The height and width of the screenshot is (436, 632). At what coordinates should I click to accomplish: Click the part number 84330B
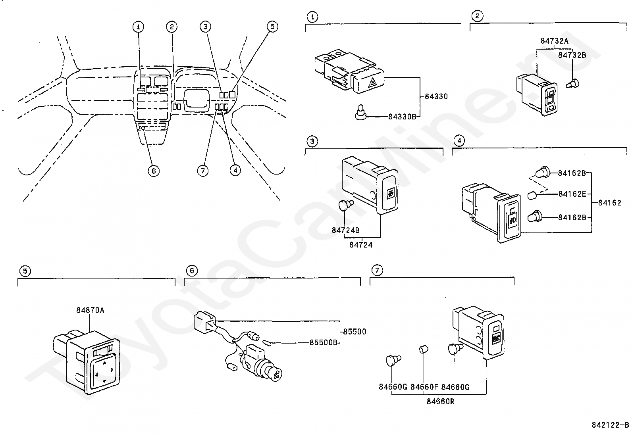402,117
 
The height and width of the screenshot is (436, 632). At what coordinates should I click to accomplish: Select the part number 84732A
554,41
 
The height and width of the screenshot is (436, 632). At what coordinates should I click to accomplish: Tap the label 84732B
572,55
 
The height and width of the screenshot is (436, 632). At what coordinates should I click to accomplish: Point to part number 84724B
345,230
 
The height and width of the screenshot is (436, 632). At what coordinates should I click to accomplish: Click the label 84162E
572,194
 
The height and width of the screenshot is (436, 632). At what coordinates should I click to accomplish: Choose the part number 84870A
90,310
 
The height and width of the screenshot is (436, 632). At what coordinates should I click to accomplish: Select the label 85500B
323,342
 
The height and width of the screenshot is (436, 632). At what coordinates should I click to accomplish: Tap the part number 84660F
424,387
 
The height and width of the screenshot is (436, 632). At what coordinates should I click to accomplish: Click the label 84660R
440,401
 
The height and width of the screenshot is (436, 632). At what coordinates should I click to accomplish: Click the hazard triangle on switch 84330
373,83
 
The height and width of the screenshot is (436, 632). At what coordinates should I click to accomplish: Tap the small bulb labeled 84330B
360,112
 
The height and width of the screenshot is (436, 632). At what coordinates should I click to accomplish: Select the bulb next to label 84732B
572,84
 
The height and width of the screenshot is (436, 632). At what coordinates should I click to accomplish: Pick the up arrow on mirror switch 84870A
104,363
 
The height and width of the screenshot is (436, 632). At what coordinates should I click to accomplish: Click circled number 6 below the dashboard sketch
154,171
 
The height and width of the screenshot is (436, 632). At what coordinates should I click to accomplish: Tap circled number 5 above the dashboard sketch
272,27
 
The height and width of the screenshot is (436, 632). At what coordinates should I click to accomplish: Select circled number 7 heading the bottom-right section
377,270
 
